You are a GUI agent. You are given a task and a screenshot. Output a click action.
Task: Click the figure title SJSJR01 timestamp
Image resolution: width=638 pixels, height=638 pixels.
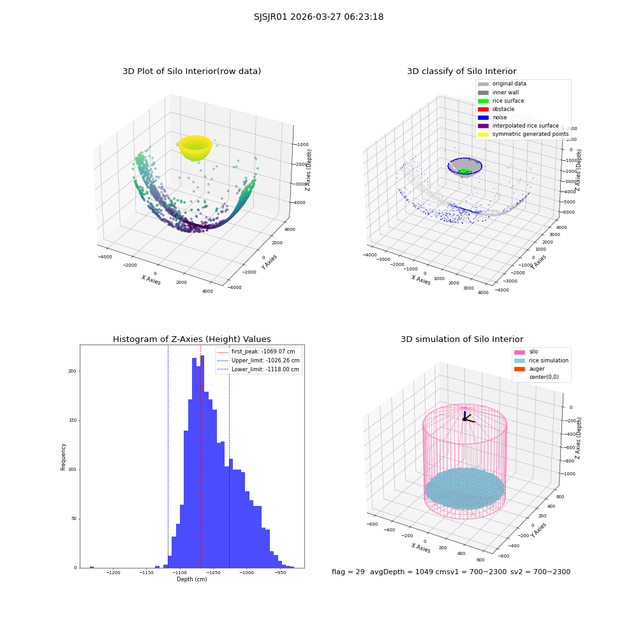pyautogui.click(x=318, y=17)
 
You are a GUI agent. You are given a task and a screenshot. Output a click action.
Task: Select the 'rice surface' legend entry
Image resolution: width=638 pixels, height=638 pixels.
pyautogui.click(x=501, y=101)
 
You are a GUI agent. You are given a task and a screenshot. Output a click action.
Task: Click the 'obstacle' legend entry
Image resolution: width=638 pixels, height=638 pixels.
pyautogui.click(x=496, y=109)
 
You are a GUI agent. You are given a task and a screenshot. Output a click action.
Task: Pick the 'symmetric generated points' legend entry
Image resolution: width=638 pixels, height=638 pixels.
pyautogui.click(x=523, y=134)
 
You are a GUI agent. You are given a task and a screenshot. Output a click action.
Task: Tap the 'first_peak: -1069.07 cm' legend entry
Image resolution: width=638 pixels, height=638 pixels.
pyautogui.click(x=256, y=352)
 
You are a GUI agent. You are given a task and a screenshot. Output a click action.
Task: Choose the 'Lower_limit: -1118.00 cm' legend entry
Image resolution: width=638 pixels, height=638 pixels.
pyautogui.click(x=258, y=369)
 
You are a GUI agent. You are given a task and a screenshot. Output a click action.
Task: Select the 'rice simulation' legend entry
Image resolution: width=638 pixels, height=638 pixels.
pyautogui.click(x=541, y=360)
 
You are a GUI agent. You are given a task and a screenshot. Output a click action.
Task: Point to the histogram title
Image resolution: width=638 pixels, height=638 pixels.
pyautogui.click(x=191, y=339)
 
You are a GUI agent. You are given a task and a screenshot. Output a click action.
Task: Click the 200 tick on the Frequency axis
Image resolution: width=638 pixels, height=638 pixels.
pyautogui.click(x=72, y=371)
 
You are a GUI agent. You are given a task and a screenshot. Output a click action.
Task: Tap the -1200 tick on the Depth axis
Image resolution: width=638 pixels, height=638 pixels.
pyautogui.click(x=113, y=573)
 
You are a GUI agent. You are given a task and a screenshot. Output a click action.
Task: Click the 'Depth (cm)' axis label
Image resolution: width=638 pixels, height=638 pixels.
pyautogui.click(x=191, y=579)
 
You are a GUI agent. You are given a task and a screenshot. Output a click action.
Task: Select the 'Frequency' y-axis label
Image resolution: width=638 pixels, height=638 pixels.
pyautogui.click(x=63, y=457)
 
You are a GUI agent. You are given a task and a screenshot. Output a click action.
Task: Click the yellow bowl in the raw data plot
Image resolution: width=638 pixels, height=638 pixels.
pyautogui.click(x=195, y=147)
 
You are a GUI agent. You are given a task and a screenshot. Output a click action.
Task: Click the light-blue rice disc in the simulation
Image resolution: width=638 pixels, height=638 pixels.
pyautogui.click(x=464, y=488)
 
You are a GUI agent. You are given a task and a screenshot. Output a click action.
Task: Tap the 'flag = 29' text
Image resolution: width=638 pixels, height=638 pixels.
pyautogui.click(x=348, y=572)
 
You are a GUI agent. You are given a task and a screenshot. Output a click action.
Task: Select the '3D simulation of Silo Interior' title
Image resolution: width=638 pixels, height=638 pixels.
pyautogui.click(x=462, y=339)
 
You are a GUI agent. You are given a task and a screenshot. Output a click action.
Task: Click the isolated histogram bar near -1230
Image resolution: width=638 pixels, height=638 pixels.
pyautogui.click(x=92, y=567)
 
